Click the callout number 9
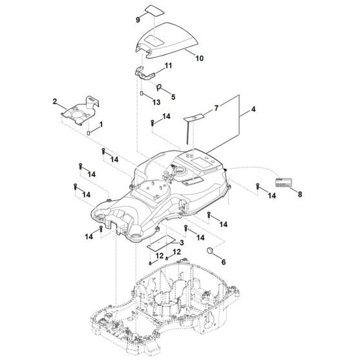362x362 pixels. click(x=138, y=20)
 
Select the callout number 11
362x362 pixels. click(x=168, y=67)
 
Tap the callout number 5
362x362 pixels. click(x=171, y=97)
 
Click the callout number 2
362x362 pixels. click(x=55, y=102)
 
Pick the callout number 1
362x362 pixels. click(x=100, y=123)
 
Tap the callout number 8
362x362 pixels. click(x=300, y=192)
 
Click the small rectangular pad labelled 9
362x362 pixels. click(x=154, y=10)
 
